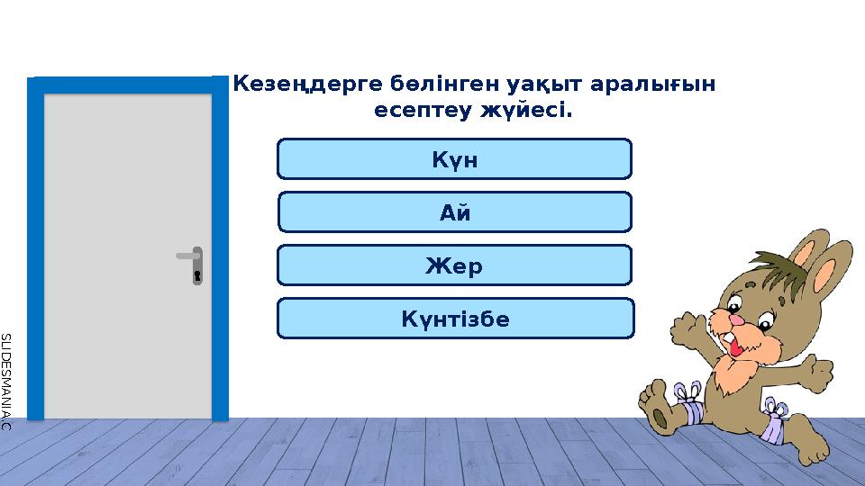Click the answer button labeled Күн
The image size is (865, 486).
[x=454, y=159]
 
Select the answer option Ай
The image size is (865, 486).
[x=454, y=212]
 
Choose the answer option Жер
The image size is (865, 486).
[x=454, y=265]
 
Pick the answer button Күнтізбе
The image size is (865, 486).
[x=455, y=319]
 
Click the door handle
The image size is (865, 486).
[x=188, y=256]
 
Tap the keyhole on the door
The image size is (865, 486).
[x=196, y=274]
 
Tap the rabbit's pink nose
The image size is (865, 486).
[x=735, y=320]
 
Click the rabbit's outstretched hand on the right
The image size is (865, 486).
[x=821, y=370]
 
